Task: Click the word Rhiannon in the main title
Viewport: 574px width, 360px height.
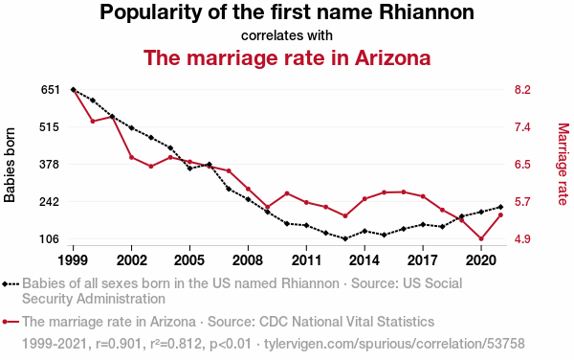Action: (427, 12)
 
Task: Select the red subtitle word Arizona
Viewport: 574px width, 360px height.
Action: (392, 57)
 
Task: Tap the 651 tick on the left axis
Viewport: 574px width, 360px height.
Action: (50, 90)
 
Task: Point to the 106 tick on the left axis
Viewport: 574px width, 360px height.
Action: (50, 239)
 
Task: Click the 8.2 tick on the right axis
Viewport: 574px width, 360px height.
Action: (522, 90)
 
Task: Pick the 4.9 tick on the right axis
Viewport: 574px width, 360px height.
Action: (522, 239)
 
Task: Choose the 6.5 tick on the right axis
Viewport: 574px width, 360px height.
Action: (522, 165)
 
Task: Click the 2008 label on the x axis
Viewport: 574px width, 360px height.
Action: (248, 260)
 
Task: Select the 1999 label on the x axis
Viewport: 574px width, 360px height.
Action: (73, 260)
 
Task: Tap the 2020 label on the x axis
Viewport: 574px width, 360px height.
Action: (481, 260)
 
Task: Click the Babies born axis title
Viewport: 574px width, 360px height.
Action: (10, 166)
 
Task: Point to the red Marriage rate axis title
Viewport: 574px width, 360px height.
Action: (563, 164)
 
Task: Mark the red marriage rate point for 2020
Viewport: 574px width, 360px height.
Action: (481, 238)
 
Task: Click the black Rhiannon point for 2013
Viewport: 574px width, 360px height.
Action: (344, 238)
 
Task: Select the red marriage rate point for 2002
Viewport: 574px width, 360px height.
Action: (131, 157)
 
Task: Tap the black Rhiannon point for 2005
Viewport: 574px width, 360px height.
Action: (189, 169)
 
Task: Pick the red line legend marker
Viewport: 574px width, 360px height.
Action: (11, 322)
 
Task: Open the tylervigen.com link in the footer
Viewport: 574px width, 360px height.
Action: (394, 344)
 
